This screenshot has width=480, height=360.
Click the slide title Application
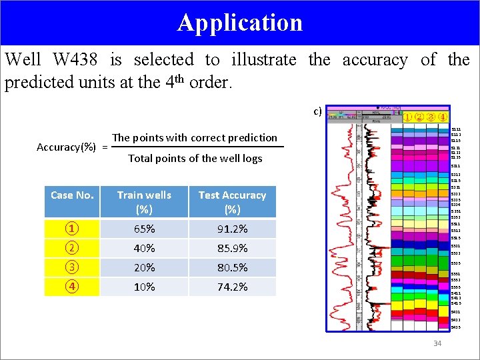(x=240, y=23)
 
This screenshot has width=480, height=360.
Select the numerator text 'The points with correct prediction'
(x=195, y=137)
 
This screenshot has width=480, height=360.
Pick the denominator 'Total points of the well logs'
(x=195, y=158)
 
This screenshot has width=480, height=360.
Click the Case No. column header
(x=72, y=195)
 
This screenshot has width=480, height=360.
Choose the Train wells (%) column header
(x=144, y=201)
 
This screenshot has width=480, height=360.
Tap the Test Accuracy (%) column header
(x=232, y=201)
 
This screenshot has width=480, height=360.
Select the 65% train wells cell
(x=144, y=229)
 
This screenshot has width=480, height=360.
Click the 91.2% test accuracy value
(x=232, y=229)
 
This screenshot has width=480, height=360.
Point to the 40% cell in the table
(x=144, y=248)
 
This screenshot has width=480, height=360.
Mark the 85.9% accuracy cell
(x=232, y=248)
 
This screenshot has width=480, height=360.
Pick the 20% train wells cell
(x=144, y=267)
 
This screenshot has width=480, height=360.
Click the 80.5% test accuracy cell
(x=232, y=267)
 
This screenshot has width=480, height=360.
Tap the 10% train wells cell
(x=144, y=287)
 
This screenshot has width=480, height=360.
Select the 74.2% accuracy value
(x=232, y=287)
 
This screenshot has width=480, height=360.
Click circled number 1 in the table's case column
(x=71, y=229)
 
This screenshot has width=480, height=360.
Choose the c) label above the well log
(x=318, y=111)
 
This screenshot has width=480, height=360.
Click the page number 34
(x=437, y=343)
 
